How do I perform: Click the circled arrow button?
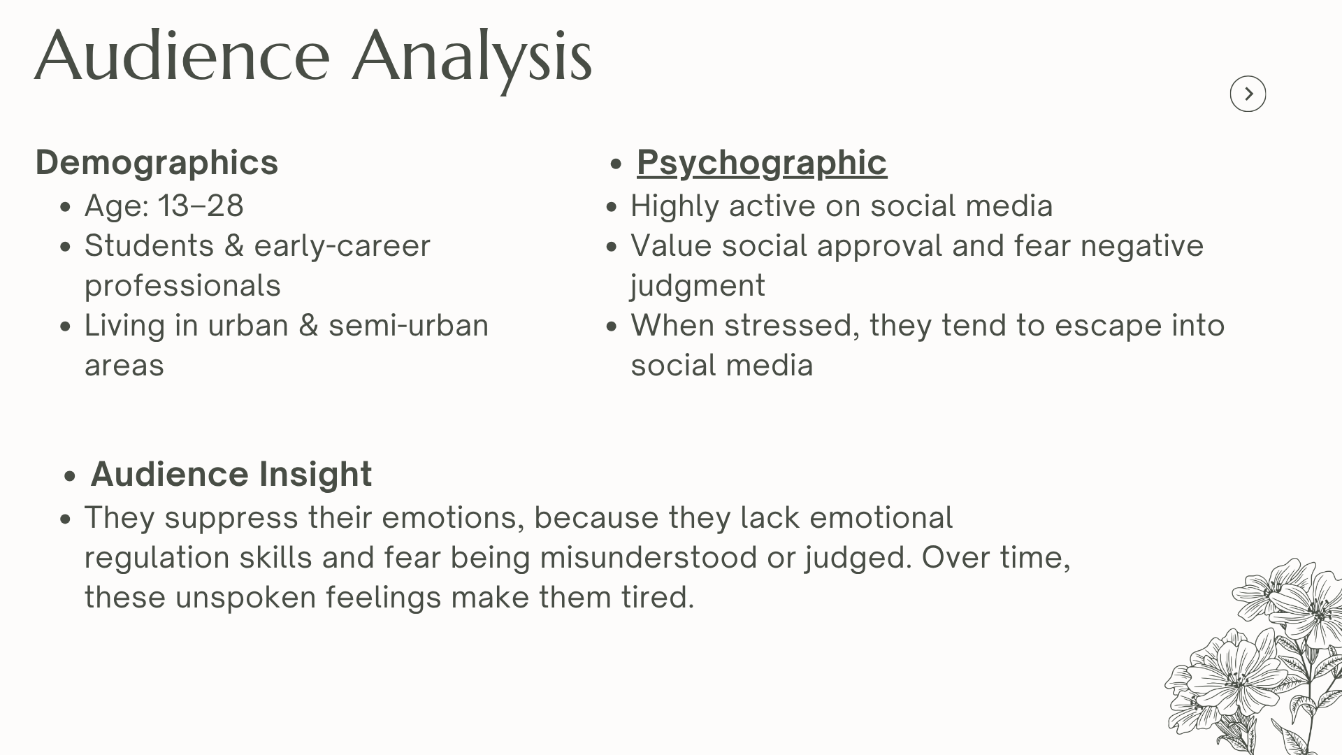[x=1248, y=94]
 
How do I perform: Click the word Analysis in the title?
[x=472, y=58]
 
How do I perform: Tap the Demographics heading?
[x=157, y=163]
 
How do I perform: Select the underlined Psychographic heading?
[x=762, y=163]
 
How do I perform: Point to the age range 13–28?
[x=201, y=206]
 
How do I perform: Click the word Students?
[x=149, y=245]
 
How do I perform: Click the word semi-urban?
[x=408, y=326]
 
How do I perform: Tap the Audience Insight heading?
[x=231, y=474]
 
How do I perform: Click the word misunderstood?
[x=649, y=558]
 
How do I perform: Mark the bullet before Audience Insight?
[x=68, y=477]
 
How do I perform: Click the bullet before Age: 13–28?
[x=66, y=207]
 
